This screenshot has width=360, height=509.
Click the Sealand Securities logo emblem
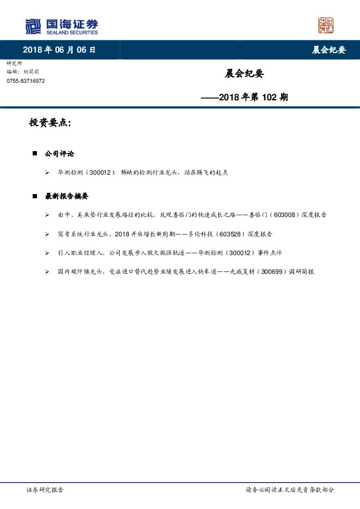pos(32,27)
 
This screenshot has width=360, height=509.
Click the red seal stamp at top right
pos(326,25)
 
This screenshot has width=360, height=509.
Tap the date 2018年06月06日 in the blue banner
pos(59,50)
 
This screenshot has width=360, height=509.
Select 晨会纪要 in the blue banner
pos(329,50)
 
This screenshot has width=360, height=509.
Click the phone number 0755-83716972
pos(25,81)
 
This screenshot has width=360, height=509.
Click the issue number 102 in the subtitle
pos(270,97)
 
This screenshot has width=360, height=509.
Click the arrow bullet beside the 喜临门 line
pos(47,215)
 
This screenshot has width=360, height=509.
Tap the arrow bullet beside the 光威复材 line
pos(47,272)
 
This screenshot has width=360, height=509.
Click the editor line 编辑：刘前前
pos(23,71)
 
